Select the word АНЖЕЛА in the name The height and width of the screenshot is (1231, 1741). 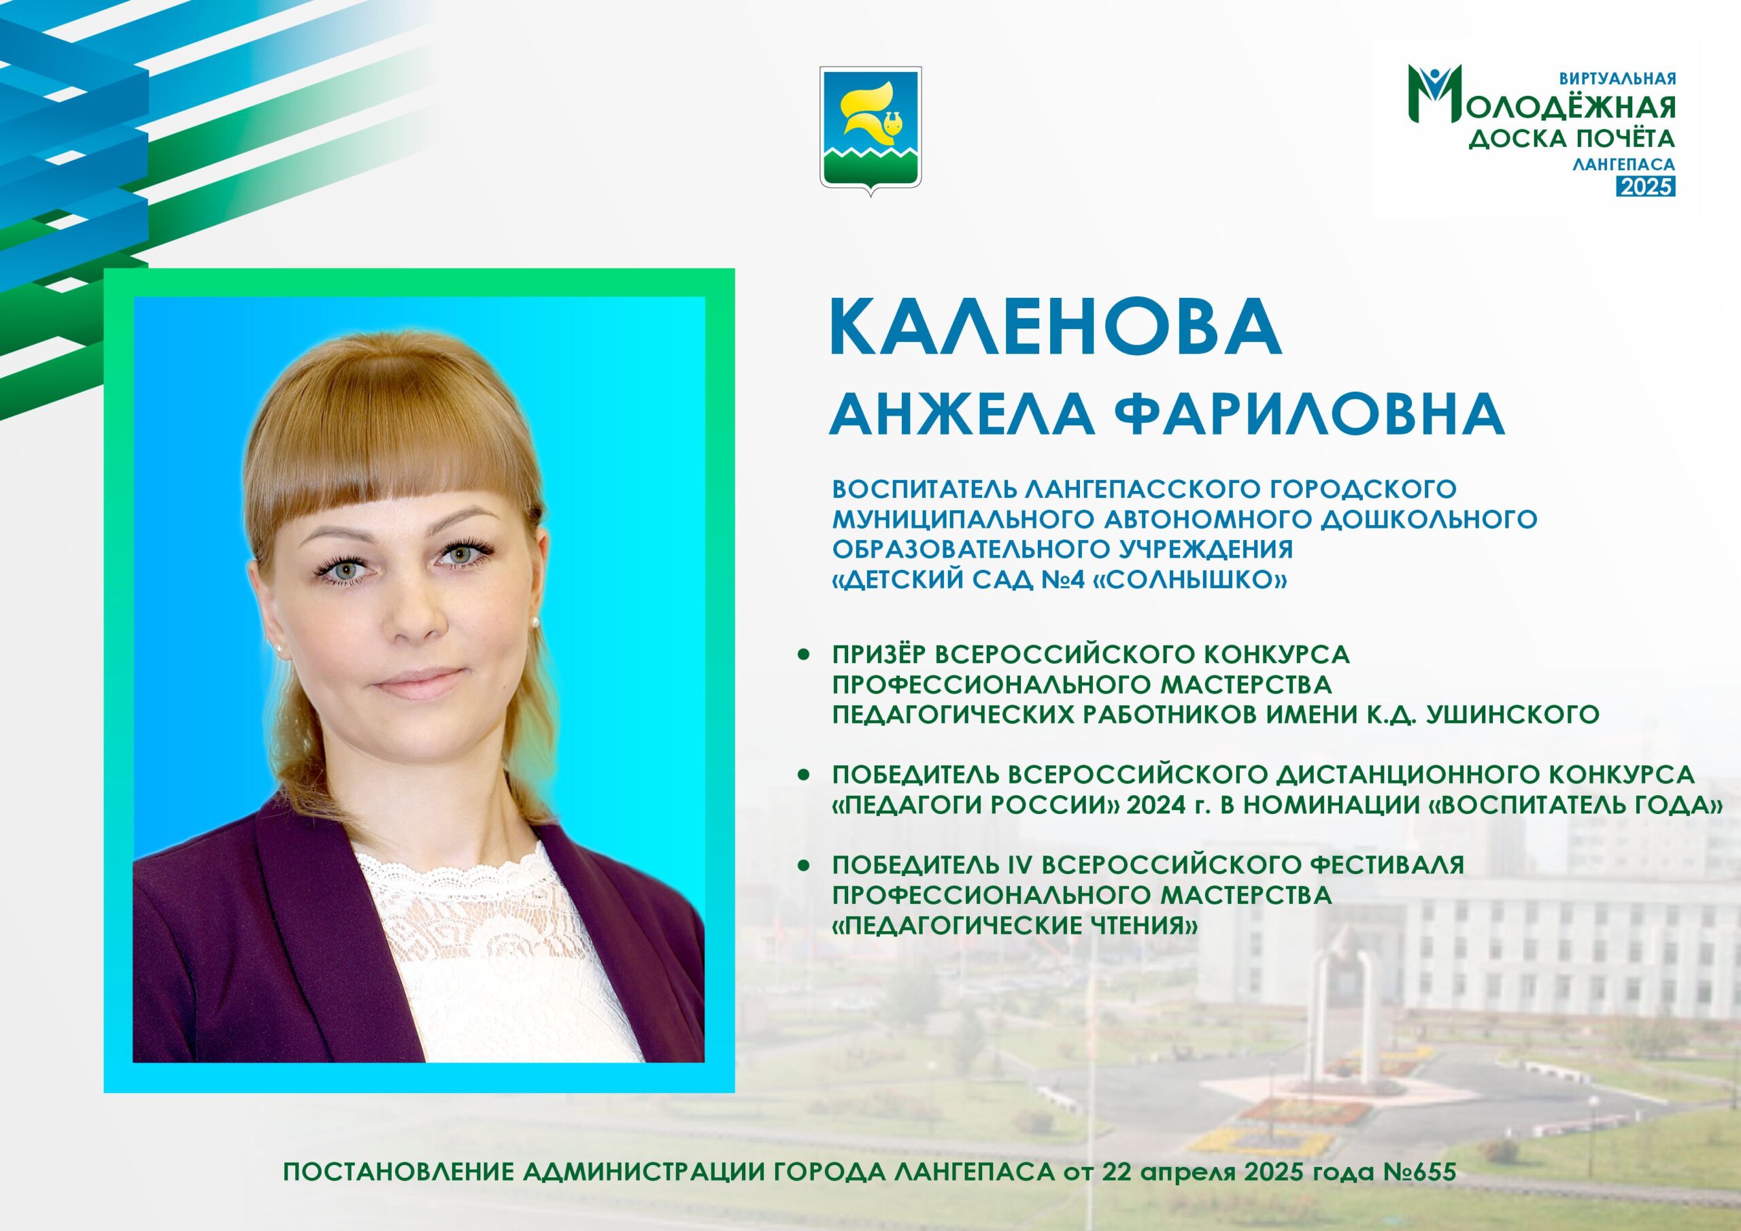click(x=962, y=414)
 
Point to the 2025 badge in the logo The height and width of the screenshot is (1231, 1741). click(x=1646, y=186)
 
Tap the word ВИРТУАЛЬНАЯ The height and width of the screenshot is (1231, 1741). click(x=1615, y=78)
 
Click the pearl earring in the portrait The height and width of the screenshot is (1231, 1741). click(x=277, y=650)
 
